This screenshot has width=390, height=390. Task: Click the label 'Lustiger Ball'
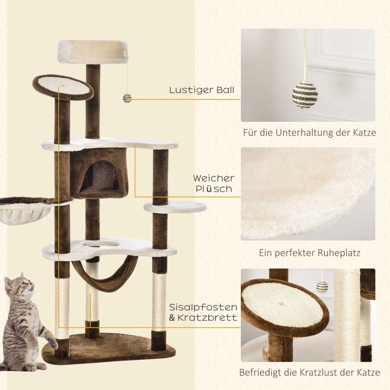tap(202, 90)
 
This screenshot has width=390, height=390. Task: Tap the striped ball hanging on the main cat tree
tap(127, 98)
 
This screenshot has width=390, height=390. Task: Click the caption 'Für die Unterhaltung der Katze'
tap(310, 133)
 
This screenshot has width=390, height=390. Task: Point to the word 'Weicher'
tap(214, 178)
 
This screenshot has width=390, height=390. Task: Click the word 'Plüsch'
tap(213, 189)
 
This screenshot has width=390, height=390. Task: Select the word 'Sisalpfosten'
tap(203, 308)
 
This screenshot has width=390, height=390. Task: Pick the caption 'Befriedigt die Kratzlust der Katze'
tap(310, 373)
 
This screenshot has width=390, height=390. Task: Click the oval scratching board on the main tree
tap(62, 87)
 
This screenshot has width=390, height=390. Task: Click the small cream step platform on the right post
tap(175, 208)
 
